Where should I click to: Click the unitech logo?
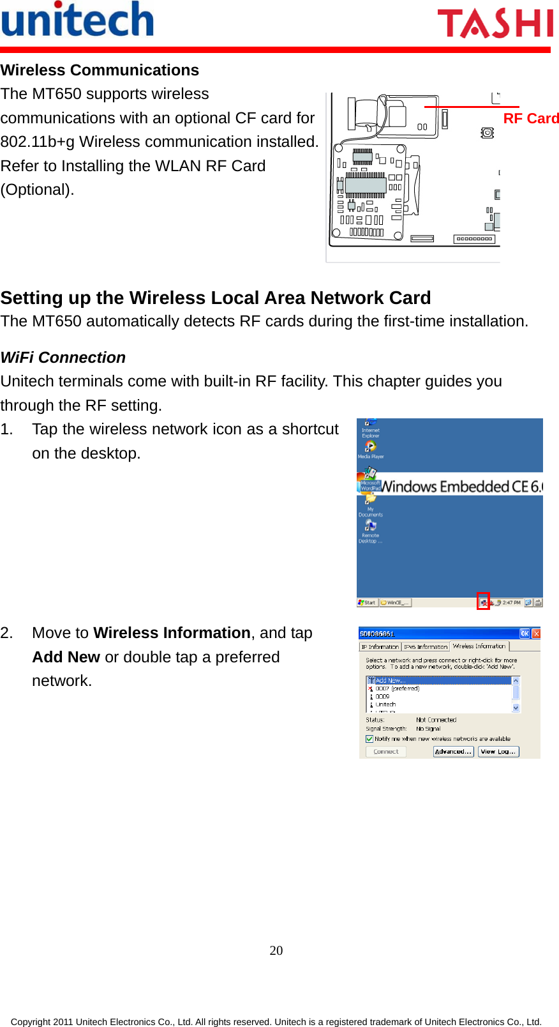(x=77, y=20)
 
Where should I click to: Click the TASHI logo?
(x=495, y=24)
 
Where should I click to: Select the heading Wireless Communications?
(x=100, y=70)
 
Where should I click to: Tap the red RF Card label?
(x=530, y=119)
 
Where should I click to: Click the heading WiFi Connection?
(x=63, y=358)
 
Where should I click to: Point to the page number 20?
(x=276, y=950)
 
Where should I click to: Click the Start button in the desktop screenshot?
(x=367, y=602)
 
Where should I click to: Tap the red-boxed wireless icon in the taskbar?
(x=483, y=602)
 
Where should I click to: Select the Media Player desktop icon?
(x=370, y=449)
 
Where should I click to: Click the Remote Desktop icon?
(x=370, y=529)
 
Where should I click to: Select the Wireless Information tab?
(x=479, y=646)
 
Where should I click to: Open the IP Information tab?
(x=380, y=647)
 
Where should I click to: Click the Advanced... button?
(x=453, y=752)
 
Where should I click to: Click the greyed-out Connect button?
(x=385, y=752)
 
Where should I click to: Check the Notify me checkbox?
(x=369, y=739)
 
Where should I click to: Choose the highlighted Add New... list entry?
(x=389, y=680)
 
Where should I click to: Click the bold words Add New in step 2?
(x=66, y=657)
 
